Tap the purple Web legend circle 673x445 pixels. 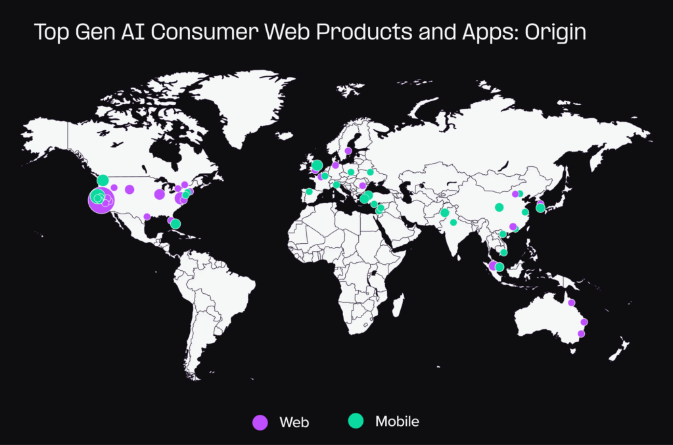click(x=260, y=422)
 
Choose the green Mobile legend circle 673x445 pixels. click(x=356, y=421)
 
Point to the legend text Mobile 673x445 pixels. click(x=397, y=421)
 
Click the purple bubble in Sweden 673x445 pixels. click(x=348, y=151)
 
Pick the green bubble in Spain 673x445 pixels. click(x=309, y=192)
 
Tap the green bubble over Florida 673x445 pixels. click(x=175, y=223)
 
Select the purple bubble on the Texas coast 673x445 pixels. click(x=147, y=216)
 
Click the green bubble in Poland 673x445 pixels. click(x=351, y=172)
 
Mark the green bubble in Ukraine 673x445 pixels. click(x=370, y=172)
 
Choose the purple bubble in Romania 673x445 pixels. click(x=362, y=185)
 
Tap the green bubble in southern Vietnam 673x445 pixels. click(x=503, y=252)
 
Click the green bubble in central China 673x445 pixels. click(x=499, y=207)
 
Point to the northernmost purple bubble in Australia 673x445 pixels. click(x=571, y=302)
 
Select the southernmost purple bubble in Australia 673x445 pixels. click(x=581, y=333)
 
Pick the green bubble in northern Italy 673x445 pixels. click(x=336, y=185)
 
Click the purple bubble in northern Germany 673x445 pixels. click(x=335, y=166)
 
